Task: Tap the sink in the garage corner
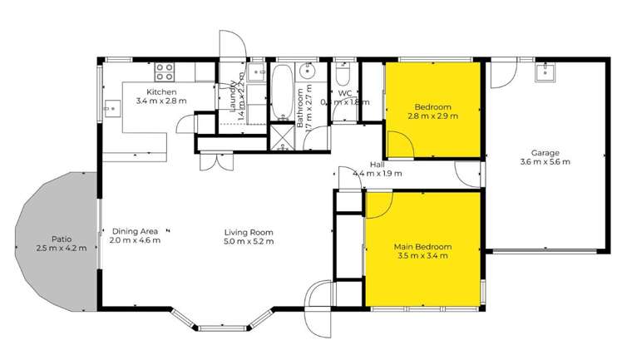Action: point(549,72)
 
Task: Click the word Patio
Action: point(60,239)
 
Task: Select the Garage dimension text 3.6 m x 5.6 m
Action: point(545,162)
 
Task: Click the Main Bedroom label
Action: point(422,247)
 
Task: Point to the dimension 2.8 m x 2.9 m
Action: point(432,116)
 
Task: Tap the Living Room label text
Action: point(249,232)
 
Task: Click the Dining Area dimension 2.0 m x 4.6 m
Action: point(134,241)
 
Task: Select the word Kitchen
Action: point(161,91)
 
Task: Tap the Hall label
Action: point(377,165)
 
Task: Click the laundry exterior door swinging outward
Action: point(230,46)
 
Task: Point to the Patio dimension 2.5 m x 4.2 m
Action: point(60,248)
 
